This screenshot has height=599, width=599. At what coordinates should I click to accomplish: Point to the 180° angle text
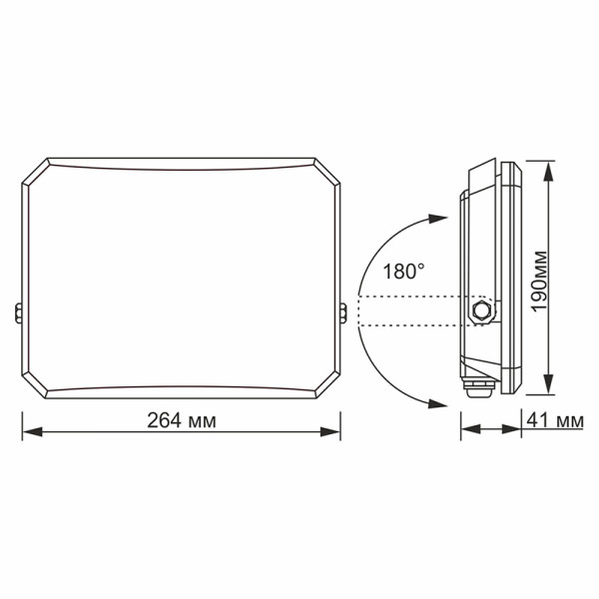[x=404, y=270]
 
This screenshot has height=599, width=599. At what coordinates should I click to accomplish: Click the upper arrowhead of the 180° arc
[x=436, y=218]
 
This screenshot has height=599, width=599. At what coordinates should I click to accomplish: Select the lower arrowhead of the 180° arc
[x=436, y=401]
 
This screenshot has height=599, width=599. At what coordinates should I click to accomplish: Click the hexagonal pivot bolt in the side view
[x=484, y=310]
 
